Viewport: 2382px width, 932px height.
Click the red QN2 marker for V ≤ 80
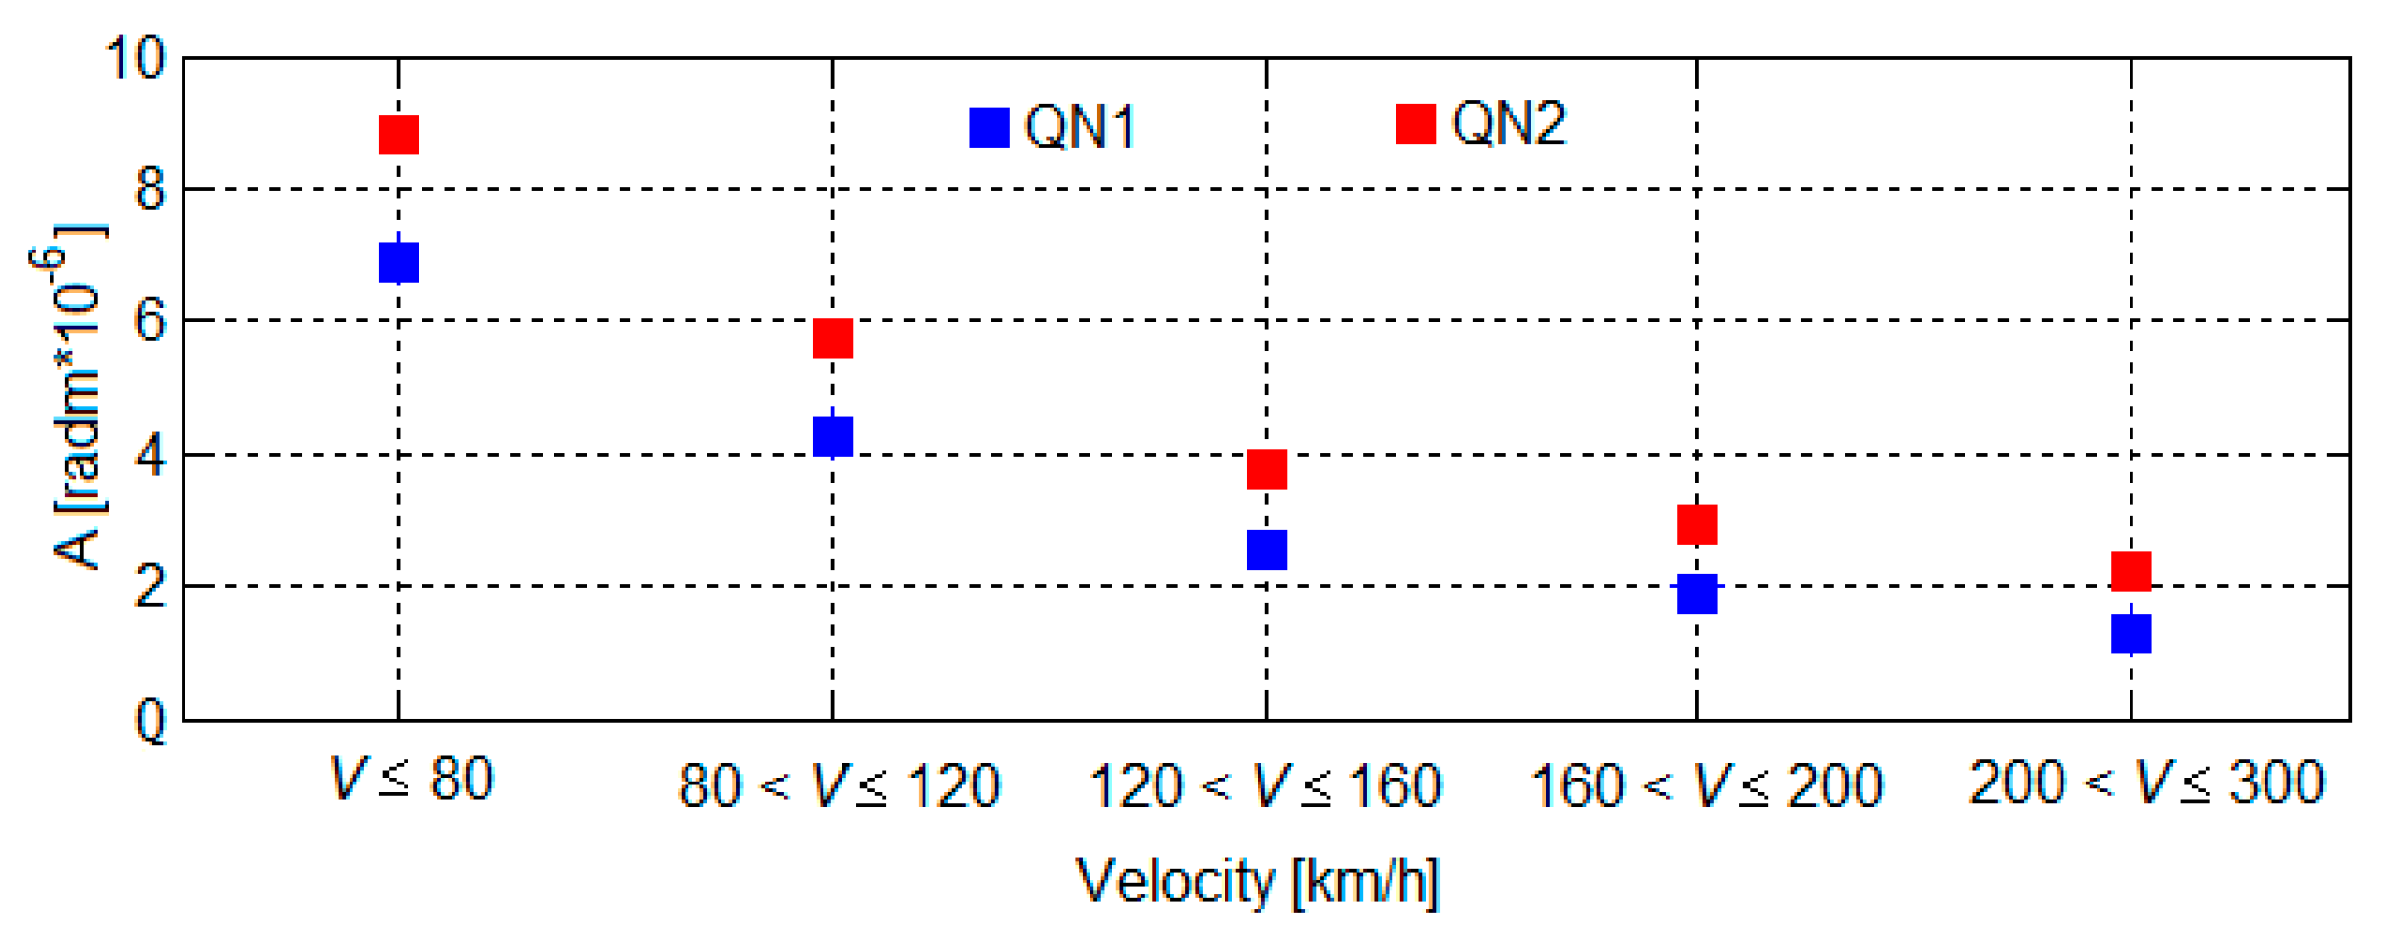pyautogui.click(x=398, y=135)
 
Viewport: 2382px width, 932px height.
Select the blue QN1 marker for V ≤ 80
pyautogui.click(x=398, y=262)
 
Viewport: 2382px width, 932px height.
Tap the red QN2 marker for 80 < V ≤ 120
pyautogui.click(x=832, y=339)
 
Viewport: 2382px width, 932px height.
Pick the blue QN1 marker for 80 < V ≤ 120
pyautogui.click(x=832, y=436)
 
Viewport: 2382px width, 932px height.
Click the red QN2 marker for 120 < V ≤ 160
pyautogui.click(x=1266, y=470)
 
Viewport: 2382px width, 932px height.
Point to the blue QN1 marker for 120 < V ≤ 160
pyautogui.click(x=1266, y=549)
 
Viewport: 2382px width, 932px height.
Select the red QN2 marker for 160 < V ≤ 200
pyautogui.click(x=1696, y=524)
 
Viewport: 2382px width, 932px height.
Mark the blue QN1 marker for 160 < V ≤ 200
pyautogui.click(x=1696, y=593)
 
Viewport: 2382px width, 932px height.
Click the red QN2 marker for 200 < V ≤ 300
pyautogui.click(x=2130, y=571)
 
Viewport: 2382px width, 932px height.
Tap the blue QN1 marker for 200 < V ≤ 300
pyautogui.click(x=2130, y=633)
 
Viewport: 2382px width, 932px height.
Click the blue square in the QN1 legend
pyautogui.click(x=990, y=127)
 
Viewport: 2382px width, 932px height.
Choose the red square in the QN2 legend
pyautogui.click(x=1416, y=123)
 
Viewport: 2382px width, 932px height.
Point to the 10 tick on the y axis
pyautogui.click(x=136, y=58)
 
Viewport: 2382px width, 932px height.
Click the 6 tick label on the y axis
pyautogui.click(x=151, y=320)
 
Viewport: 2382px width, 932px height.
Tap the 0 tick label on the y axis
pyautogui.click(x=151, y=721)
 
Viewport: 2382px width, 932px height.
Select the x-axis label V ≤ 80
pyautogui.click(x=413, y=779)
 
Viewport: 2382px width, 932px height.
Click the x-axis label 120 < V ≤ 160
pyautogui.click(x=1265, y=784)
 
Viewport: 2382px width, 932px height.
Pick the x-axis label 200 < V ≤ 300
pyautogui.click(x=2146, y=782)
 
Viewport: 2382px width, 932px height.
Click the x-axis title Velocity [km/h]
pyautogui.click(x=1258, y=881)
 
